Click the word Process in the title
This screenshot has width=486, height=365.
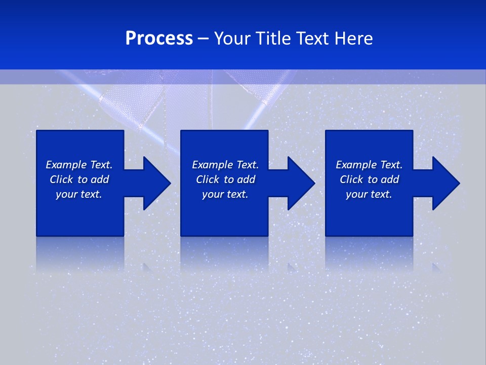click(x=159, y=38)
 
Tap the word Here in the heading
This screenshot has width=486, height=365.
click(x=353, y=38)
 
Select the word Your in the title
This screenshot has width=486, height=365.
click(x=233, y=38)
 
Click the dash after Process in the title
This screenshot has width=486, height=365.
click(x=204, y=39)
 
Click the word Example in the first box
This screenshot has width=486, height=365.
click(x=66, y=165)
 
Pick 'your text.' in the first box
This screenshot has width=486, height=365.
click(x=79, y=194)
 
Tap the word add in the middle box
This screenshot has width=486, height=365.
click(x=246, y=179)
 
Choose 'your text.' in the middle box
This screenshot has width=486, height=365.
click(x=225, y=194)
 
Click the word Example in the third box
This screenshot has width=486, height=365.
click(x=356, y=165)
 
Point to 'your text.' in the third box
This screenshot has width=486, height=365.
click(x=369, y=194)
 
